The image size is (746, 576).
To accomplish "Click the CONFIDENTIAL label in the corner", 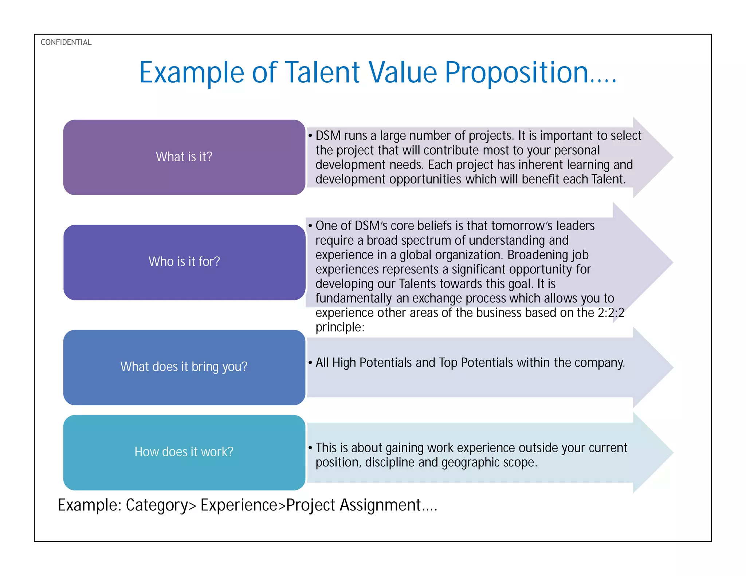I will pos(66,42).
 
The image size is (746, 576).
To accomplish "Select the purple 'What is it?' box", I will pos(184,157).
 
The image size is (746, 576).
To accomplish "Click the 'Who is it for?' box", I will pos(184,262).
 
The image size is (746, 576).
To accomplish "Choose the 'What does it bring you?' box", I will pos(184,367).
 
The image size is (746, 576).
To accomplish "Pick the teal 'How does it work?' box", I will pos(184,452).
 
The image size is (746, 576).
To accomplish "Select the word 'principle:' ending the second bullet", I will pos(340,327).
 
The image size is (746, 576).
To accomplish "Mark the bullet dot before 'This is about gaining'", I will pos(310,448).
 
